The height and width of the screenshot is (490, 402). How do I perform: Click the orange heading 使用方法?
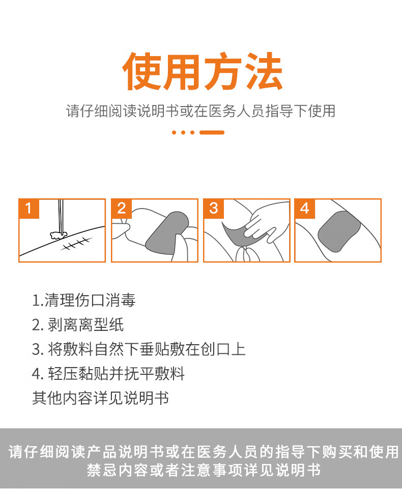(203, 71)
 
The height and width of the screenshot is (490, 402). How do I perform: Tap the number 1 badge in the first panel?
(28, 209)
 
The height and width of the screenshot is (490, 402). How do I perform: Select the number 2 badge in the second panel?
(121, 209)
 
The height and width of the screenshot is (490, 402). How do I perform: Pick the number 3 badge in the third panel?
(214, 209)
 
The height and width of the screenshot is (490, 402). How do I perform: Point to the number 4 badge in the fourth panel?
(305, 209)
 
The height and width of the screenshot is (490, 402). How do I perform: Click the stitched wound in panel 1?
(77, 244)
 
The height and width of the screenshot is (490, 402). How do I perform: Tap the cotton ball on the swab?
(59, 235)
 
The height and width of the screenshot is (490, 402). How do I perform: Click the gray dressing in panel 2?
(166, 233)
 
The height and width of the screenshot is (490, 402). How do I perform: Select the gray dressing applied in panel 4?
(339, 231)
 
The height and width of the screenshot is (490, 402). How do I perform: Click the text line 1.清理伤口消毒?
(84, 300)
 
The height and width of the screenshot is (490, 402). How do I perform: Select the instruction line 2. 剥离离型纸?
(78, 325)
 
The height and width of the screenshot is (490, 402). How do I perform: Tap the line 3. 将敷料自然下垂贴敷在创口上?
(139, 349)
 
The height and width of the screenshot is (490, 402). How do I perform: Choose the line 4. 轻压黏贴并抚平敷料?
(108, 373)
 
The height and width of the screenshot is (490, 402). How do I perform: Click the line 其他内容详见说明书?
(100, 398)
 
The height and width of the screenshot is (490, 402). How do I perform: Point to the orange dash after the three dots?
(212, 133)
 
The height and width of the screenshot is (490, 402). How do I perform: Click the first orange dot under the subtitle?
(175, 133)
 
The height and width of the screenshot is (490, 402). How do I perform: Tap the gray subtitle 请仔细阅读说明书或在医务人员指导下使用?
(201, 111)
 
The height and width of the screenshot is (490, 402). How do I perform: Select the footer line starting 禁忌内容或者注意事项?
(204, 470)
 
